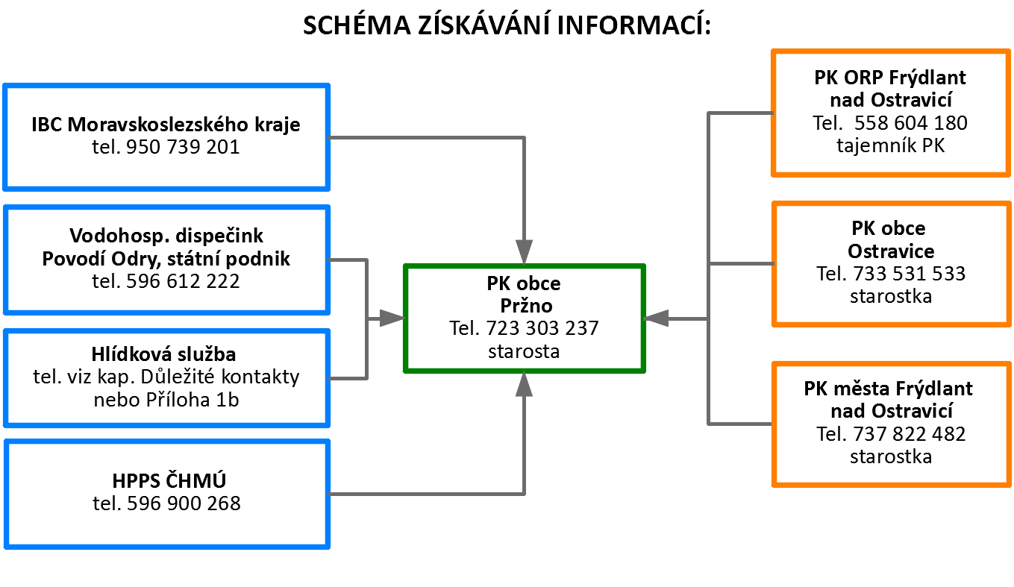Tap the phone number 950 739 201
tap(183, 147)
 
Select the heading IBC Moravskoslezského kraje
tap(166, 125)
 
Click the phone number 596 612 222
tap(183, 281)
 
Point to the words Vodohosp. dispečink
tap(166, 236)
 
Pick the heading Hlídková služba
tap(163, 354)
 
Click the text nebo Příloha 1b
tap(166, 400)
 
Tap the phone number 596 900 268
tap(184, 503)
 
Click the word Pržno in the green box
tap(526, 306)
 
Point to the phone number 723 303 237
tap(542, 328)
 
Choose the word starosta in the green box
tap(524, 351)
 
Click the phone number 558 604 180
tap(911, 123)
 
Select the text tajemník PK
tap(890, 145)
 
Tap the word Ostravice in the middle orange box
tap(891, 251)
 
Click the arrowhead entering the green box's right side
tap(656, 318)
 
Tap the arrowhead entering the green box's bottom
tap(524, 384)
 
